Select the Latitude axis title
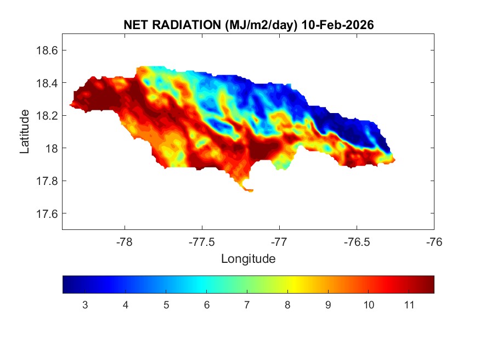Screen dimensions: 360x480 click(25, 131)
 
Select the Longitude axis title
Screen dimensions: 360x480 click(248, 258)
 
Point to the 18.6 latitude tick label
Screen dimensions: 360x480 click(47, 50)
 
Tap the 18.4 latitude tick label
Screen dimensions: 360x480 click(47, 83)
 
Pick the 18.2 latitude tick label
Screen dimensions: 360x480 click(47, 116)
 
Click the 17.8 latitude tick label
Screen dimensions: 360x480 click(47, 181)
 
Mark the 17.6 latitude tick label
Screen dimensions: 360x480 click(47, 213)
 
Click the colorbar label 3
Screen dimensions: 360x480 click(85, 305)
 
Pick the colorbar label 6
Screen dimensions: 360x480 click(206, 305)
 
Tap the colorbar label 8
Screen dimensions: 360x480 click(287, 305)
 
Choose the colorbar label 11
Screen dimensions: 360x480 click(409, 305)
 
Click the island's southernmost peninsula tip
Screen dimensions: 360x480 click(250, 191)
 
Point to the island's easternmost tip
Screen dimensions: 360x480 click(394, 160)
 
